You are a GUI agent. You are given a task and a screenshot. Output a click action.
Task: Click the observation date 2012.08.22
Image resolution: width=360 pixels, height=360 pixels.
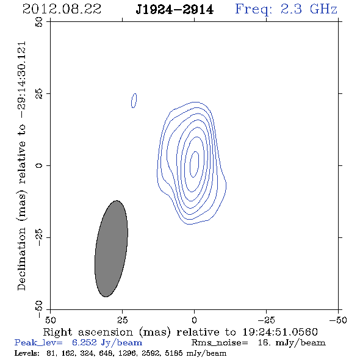pos(62,9)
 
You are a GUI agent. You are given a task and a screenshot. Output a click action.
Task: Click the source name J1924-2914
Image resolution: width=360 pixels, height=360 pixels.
pos(175,10)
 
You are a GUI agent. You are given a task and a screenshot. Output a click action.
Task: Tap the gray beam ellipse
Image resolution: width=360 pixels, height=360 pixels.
pos(111,249)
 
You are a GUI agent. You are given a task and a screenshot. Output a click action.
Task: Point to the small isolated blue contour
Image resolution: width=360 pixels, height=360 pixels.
pos(134,101)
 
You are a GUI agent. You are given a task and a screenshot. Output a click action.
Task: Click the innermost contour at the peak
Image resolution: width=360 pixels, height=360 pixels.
pos(195,164)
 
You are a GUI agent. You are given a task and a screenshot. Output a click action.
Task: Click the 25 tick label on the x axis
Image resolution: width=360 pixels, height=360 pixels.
pos(122,320)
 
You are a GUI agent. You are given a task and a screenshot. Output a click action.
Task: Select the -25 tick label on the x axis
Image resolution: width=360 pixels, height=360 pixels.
pos(266,320)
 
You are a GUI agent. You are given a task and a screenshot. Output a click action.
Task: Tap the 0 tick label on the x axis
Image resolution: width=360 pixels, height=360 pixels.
pos(194,320)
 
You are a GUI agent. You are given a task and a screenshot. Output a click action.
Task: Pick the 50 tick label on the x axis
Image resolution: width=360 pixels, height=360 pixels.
pos(51,320)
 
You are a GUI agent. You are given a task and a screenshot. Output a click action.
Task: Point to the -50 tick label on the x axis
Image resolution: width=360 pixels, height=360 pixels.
pos(338,320)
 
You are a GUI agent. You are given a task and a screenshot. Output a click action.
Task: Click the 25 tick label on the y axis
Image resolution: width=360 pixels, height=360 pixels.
pos(39,94)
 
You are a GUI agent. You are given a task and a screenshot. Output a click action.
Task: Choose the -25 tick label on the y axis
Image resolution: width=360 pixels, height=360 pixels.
pos(39,237)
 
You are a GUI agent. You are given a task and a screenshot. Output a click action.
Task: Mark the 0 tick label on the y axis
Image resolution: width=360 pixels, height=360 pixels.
pos(39,165)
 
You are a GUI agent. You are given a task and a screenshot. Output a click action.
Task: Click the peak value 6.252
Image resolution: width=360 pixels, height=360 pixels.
pos(84,342)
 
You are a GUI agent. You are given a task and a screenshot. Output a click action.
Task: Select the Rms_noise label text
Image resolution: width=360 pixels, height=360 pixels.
pos(220,343)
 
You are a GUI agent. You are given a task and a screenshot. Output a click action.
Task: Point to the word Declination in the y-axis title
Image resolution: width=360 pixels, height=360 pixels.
pos(21,259)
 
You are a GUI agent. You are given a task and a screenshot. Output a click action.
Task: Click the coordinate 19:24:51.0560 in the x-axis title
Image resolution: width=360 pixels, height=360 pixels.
pos(280,332)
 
